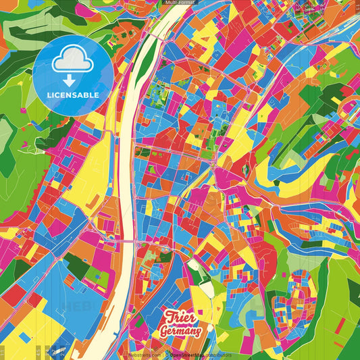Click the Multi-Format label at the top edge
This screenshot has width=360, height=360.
[x=180, y=3]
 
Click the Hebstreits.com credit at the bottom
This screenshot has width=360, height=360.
[x=145, y=354]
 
